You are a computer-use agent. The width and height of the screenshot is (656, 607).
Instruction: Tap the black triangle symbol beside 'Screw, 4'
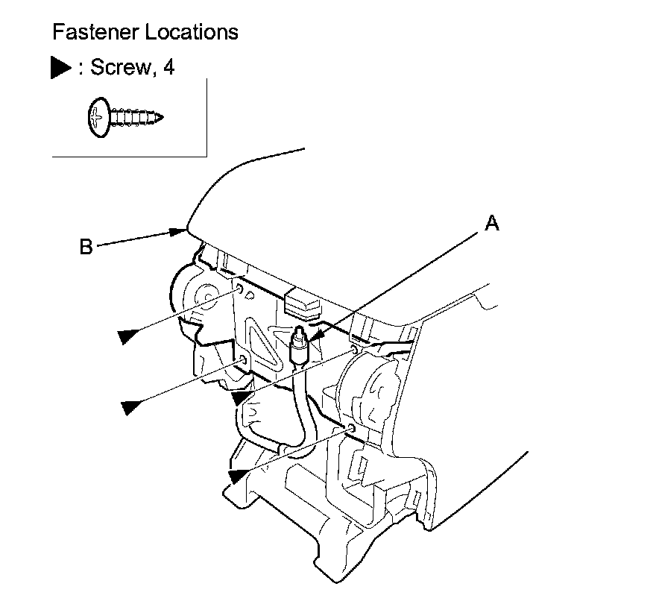coord(60,68)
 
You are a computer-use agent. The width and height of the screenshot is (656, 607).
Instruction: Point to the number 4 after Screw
coord(168,68)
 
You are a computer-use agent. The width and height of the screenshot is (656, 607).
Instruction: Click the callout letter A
coord(491,223)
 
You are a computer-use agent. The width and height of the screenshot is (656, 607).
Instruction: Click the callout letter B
coord(86,247)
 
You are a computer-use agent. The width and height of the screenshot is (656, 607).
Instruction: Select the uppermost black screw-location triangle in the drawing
coord(128,336)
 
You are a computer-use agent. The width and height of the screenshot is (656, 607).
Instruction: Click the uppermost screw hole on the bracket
coord(238,287)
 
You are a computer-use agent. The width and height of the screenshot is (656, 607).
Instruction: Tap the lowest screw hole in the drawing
coord(350,428)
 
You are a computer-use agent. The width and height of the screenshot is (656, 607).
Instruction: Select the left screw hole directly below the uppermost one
coord(243,362)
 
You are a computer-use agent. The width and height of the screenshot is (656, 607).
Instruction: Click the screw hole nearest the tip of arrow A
coord(355,349)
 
